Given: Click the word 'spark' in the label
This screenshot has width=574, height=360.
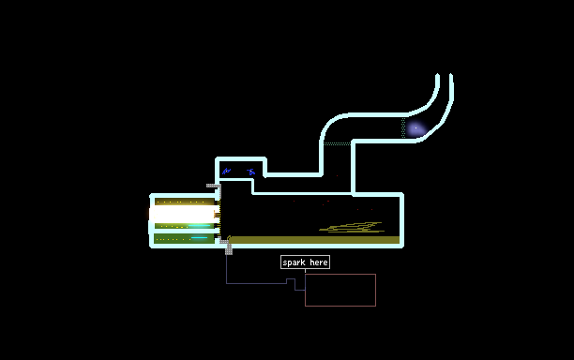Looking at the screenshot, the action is [294, 262].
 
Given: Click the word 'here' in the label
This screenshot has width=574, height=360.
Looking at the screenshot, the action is [319, 262].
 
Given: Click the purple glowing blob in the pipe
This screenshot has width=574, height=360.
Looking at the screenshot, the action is [416, 128].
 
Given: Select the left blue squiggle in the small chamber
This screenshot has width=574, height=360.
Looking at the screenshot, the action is [227, 171].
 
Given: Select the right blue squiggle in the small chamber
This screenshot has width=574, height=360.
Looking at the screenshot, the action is [250, 172].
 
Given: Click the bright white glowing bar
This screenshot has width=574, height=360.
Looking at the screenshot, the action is [183, 214].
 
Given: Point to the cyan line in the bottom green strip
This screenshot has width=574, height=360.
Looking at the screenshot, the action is [199, 238].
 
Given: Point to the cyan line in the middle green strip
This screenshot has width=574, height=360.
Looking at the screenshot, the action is [200, 226].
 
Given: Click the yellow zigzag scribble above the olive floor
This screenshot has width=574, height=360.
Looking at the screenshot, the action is [352, 227].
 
